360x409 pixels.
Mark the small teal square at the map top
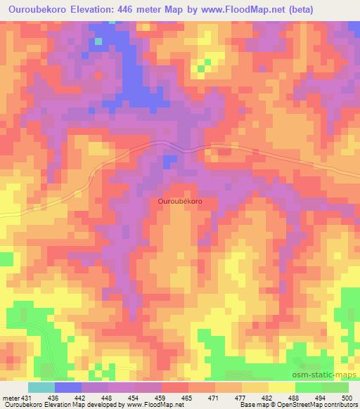coord(98,41)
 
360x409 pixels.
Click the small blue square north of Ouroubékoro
coord(169,162)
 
